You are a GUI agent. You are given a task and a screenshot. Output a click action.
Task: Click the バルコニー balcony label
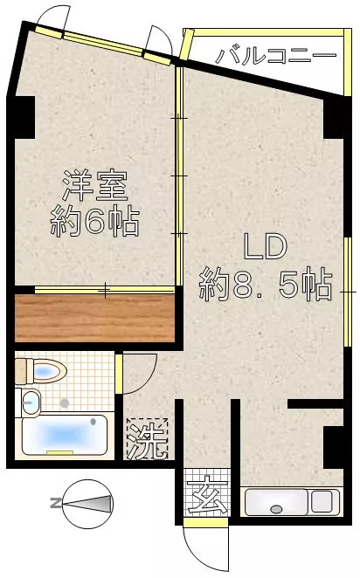pyautogui.click(x=276, y=56)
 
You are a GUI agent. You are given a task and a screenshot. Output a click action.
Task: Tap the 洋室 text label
pyautogui.click(x=95, y=186)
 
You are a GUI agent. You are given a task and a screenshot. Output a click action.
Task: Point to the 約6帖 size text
pyautogui.click(x=95, y=222)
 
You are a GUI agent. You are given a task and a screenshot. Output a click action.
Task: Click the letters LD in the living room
pyautogui.click(x=266, y=247)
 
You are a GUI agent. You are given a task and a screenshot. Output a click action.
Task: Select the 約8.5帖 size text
pyautogui.click(x=266, y=286)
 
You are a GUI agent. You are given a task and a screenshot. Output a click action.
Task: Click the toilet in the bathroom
pyautogui.click(x=40, y=372)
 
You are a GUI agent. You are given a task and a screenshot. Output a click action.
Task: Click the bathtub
pyautogui.click(x=65, y=436)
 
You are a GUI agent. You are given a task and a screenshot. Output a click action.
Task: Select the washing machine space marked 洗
pyautogui.click(x=147, y=439)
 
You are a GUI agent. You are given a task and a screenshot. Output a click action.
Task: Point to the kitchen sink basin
pyautogui.click(x=276, y=502)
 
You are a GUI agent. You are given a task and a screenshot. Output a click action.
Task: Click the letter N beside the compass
pyautogui.click(x=56, y=503)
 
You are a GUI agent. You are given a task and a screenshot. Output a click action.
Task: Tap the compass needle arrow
pyautogui.click(x=87, y=504)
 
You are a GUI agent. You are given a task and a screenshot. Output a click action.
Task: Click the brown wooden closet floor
pyautogui.click(x=94, y=318)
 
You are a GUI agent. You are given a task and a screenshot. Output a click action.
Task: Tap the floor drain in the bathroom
pyautogui.click(x=65, y=403)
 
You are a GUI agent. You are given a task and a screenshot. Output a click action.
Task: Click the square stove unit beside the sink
pyautogui.click(x=322, y=501)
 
